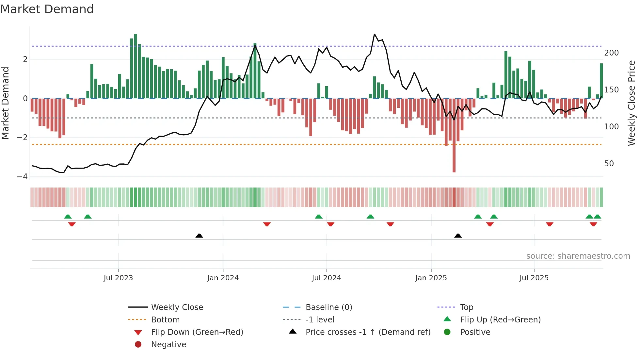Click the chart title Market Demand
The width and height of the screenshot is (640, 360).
click(47, 9)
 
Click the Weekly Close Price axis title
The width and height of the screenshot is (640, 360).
click(632, 103)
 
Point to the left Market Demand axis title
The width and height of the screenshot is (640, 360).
click(6, 103)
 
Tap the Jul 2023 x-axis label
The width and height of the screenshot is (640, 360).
click(118, 278)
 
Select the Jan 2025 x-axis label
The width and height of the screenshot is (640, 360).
click(431, 278)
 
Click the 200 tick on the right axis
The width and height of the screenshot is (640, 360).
click(611, 53)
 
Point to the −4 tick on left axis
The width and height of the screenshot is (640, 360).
click(22, 177)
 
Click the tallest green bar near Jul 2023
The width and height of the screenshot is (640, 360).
click(136, 65)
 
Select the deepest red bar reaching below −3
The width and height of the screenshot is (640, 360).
click(454, 137)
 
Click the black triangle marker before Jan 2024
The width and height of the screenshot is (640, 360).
click(199, 236)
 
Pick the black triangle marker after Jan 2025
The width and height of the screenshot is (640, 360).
click(458, 236)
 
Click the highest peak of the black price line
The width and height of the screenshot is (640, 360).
click(375, 34)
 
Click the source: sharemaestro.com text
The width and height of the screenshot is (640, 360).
click(578, 256)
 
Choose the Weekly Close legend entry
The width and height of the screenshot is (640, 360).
click(177, 307)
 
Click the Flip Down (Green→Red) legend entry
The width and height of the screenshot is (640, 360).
click(197, 332)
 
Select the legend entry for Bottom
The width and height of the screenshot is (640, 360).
click(165, 320)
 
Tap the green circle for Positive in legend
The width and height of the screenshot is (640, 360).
click(447, 332)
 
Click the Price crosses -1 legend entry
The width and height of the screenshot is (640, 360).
click(368, 332)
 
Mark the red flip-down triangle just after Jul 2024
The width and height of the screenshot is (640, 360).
click(330, 224)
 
